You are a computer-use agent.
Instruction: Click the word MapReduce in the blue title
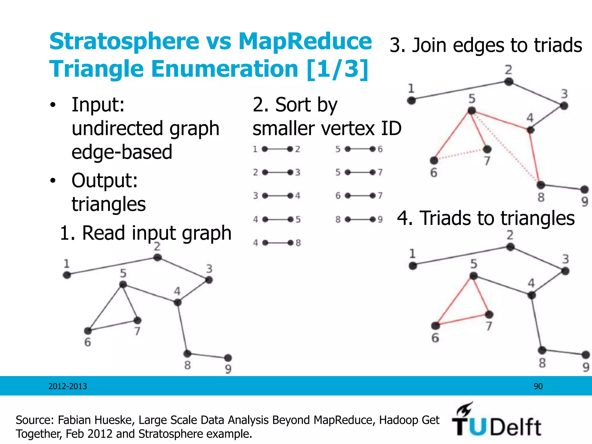point(305,41)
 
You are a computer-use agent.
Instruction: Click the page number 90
point(538,386)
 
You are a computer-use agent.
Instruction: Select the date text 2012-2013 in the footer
point(68,386)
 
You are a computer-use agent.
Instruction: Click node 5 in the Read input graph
point(123,285)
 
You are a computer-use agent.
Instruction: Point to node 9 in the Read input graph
point(228,358)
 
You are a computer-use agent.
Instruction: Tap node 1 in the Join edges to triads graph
point(411,101)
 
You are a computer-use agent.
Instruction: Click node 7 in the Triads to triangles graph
point(489,314)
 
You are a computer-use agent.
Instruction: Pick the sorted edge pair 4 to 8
point(277,243)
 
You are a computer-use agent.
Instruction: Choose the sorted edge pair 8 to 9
point(360,220)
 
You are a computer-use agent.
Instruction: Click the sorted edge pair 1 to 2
point(277,149)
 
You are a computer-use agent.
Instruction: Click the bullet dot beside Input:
point(52,105)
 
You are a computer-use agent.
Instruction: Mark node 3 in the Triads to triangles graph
point(565,271)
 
